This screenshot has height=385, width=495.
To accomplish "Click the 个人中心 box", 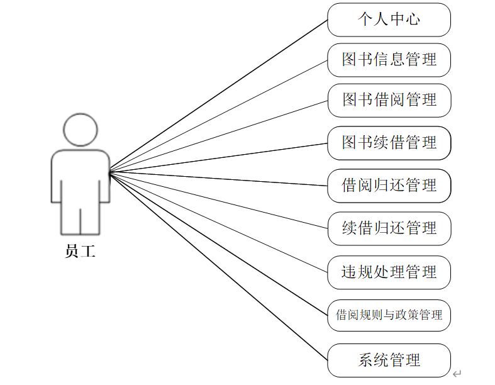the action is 389,20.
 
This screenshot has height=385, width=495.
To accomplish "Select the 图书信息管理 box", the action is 389,60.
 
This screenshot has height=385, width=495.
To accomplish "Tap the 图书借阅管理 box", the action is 389,100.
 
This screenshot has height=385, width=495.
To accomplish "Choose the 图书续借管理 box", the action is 389,143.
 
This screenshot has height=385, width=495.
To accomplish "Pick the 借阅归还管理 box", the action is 389,186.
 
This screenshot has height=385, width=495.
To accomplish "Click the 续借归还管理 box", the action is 389,228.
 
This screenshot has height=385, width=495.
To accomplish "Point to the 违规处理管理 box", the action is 389,272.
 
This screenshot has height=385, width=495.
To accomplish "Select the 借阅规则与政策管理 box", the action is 389,315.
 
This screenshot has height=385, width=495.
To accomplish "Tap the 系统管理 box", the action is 389,360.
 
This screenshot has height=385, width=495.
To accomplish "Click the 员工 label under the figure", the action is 81,252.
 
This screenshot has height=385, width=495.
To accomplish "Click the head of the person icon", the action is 81,130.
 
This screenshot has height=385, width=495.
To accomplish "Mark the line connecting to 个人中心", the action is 218,95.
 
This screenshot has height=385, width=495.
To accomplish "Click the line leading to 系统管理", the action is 218,265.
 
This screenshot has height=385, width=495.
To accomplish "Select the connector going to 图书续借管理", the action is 218,157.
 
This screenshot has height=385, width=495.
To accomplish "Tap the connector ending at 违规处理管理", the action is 218,221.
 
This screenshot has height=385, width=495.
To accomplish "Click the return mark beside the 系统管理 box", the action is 457,374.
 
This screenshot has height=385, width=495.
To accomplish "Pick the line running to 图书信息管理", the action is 218,116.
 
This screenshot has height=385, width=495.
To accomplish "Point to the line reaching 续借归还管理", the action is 218,199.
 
